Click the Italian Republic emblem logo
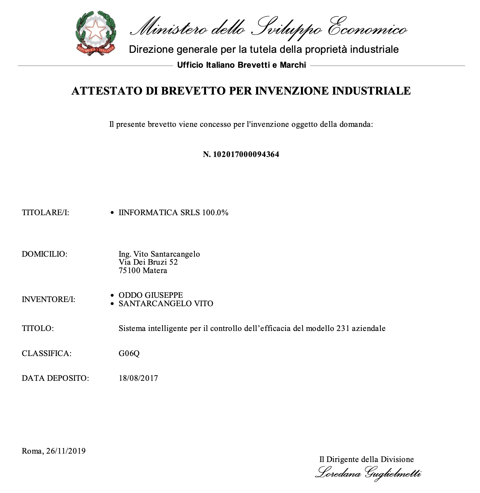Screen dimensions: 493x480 [x=96, y=33]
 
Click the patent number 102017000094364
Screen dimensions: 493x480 [x=246, y=154]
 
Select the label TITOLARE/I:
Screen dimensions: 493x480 [x=45, y=212]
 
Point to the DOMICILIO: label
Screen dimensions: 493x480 [x=45, y=254]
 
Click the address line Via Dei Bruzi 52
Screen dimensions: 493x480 [x=148, y=262]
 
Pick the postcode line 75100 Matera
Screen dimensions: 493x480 [x=143, y=271]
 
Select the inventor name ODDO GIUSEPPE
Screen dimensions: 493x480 [x=150, y=295]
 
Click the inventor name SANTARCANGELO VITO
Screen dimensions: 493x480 [x=166, y=304]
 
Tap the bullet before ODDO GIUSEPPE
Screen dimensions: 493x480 [x=112, y=295]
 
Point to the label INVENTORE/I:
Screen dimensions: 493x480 [x=48, y=299]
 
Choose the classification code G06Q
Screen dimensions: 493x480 [x=129, y=353]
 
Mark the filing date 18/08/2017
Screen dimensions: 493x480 [x=138, y=378]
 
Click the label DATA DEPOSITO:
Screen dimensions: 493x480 [x=55, y=378]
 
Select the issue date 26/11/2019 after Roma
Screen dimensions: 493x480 [x=66, y=451]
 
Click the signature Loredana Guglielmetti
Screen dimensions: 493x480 [x=368, y=474]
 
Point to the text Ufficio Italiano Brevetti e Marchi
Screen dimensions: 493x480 [x=241, y=65]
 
